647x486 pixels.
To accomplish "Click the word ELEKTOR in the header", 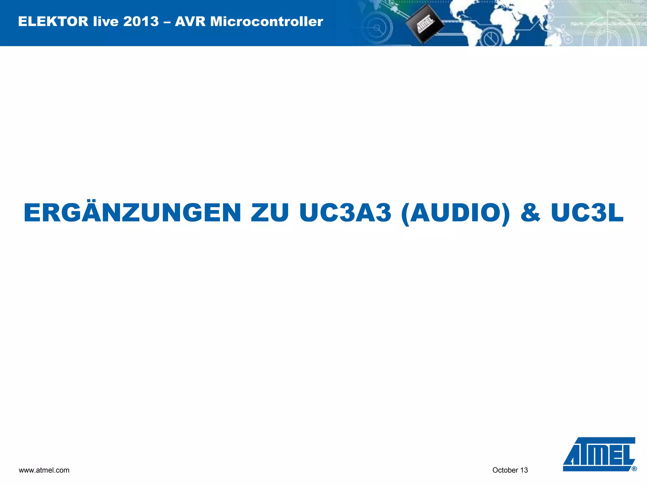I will pyautogui.click(x=53, y=22).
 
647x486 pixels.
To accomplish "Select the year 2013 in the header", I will pyautogui.click(x=141, y=22).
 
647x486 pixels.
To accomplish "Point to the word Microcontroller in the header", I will pyautogui.click(x=267, y=22).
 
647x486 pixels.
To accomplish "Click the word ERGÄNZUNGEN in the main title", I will pyautogui.click(x=132, y=213).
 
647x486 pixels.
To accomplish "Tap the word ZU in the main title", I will pyautogui.click(x=269, y=213).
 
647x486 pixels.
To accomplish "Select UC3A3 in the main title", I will pyautogui.click(x=345, y=213).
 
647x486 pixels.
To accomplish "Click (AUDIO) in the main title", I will pyautogui.click(x=455, y=213).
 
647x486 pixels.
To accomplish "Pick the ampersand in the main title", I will pyautogui.click(x=530, y=213).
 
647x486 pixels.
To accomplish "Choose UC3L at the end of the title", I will pyautogui.click(x=587, y=213).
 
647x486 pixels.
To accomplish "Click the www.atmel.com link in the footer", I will pyautogui.click(x=44, y=470).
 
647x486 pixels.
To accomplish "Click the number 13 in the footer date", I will pyautogui.click(x=524, y=470).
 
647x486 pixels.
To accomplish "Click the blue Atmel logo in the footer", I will pyautogui.click(x=599, y=454).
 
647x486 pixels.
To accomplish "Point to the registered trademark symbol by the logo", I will pyautogui.click(x=634, y=469).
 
